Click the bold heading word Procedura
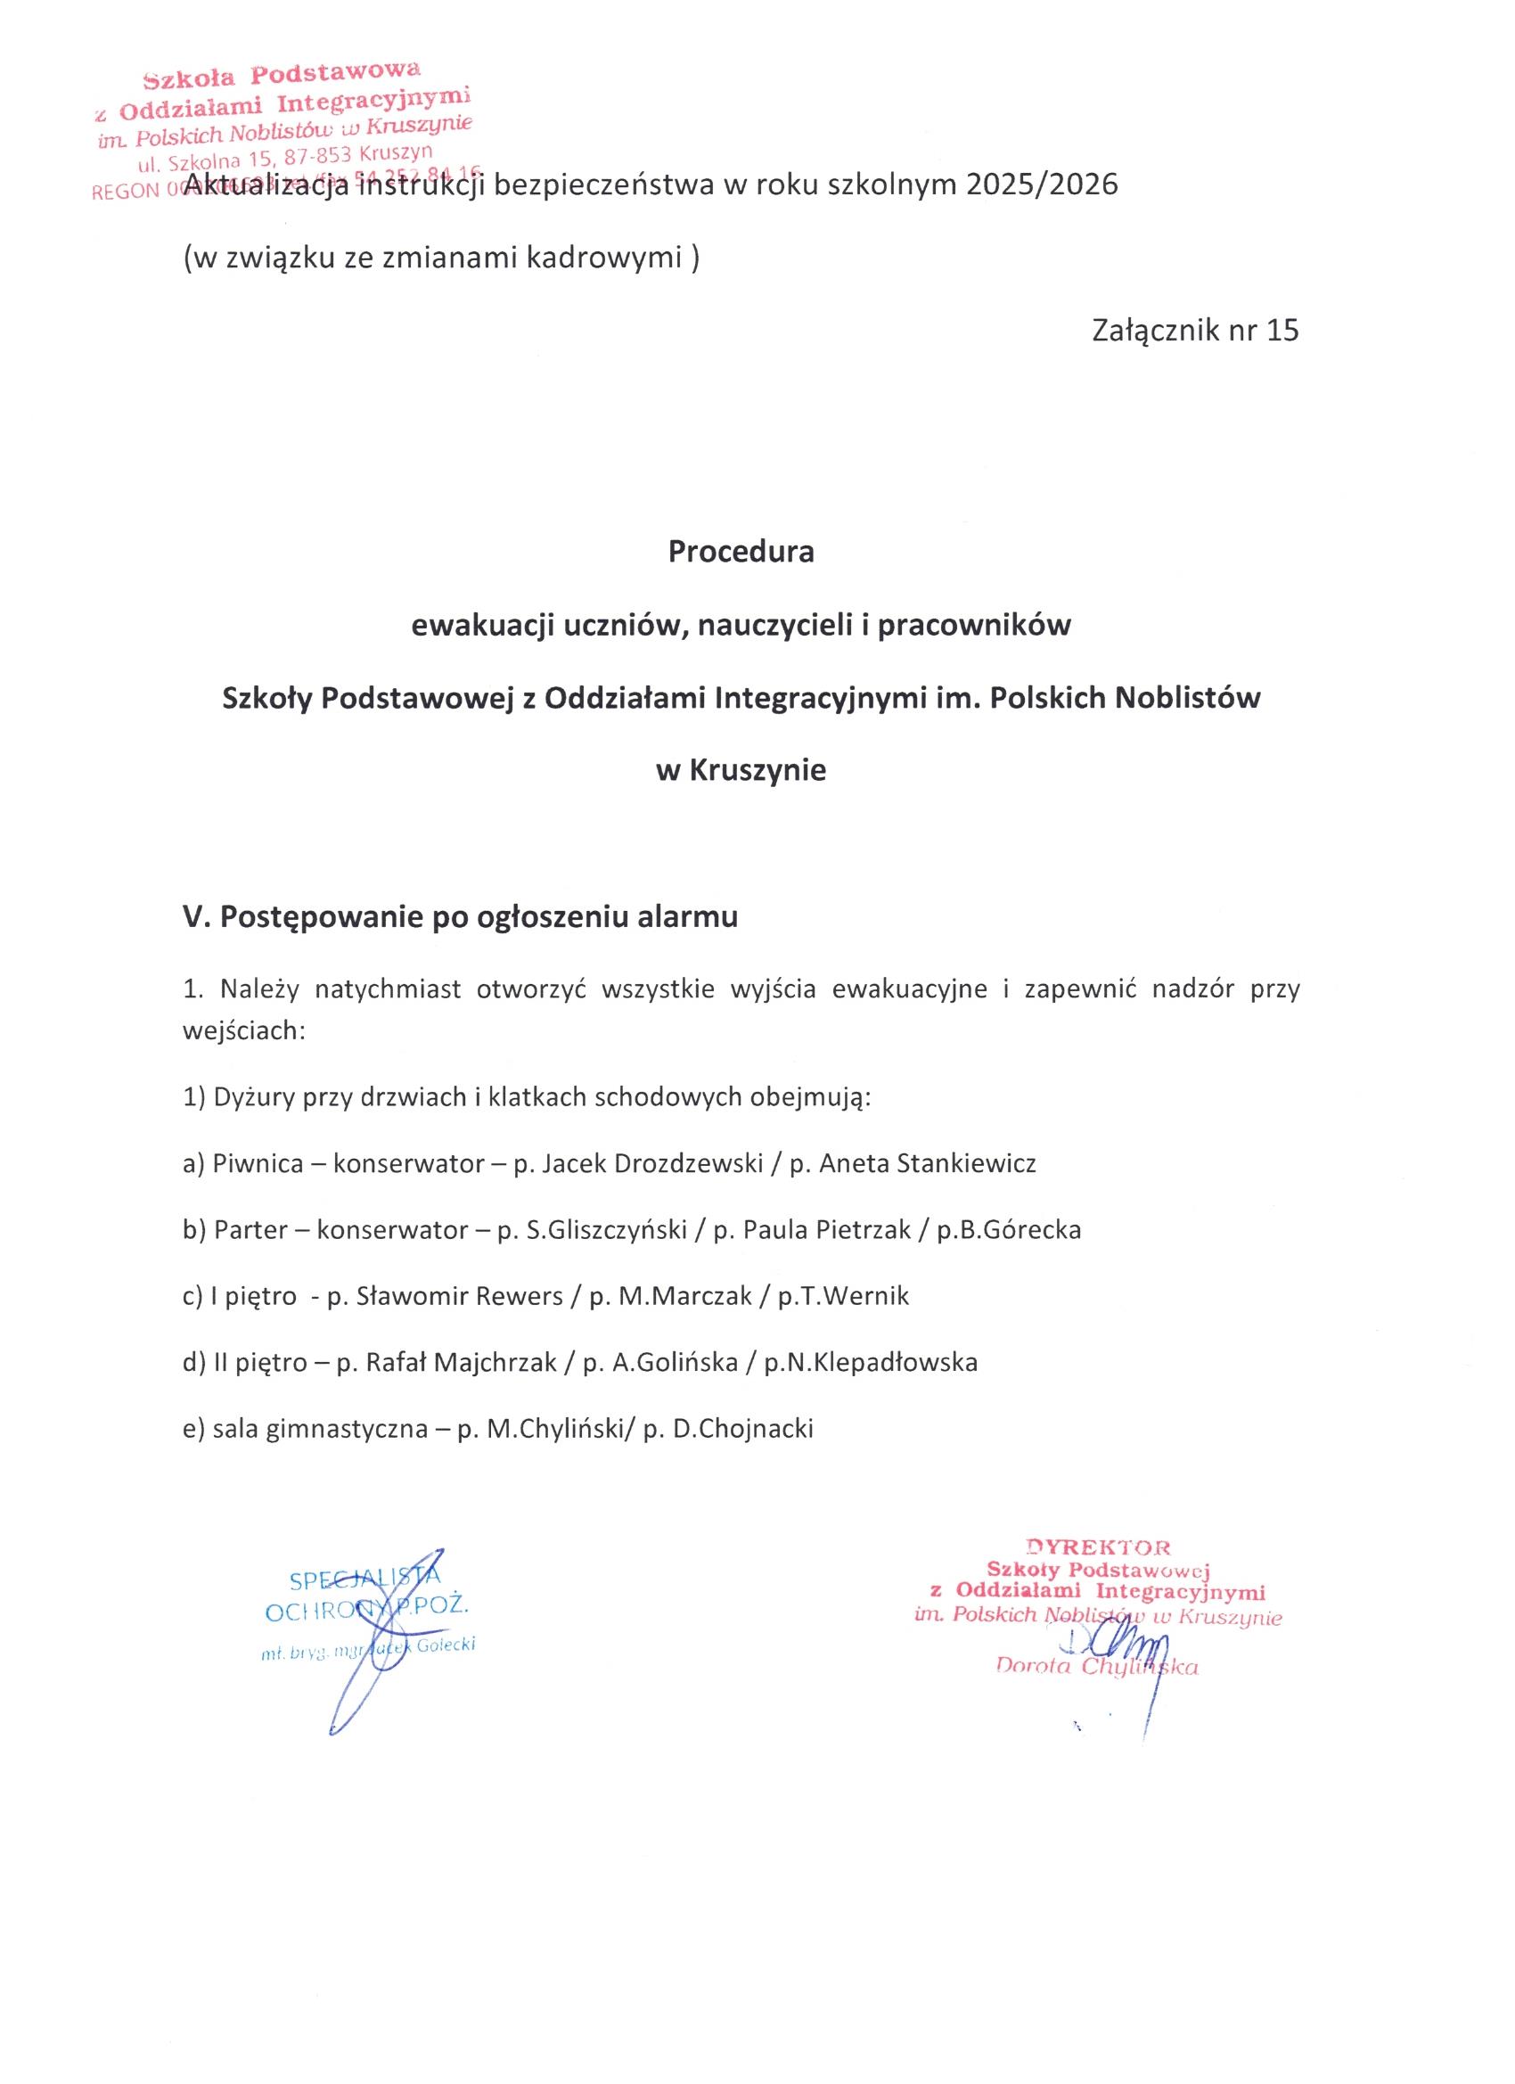point(741,552)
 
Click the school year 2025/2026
point(1042,185)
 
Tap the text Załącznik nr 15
point(1195,330)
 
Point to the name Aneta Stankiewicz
point(927,1164)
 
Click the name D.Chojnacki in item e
point(743,1429)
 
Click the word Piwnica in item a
point(258,1164)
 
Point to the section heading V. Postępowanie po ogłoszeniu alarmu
point(460,918)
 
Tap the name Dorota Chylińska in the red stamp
point(1097,1667)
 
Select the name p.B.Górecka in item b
point(1009,1230)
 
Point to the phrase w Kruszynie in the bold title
point(741,770)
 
